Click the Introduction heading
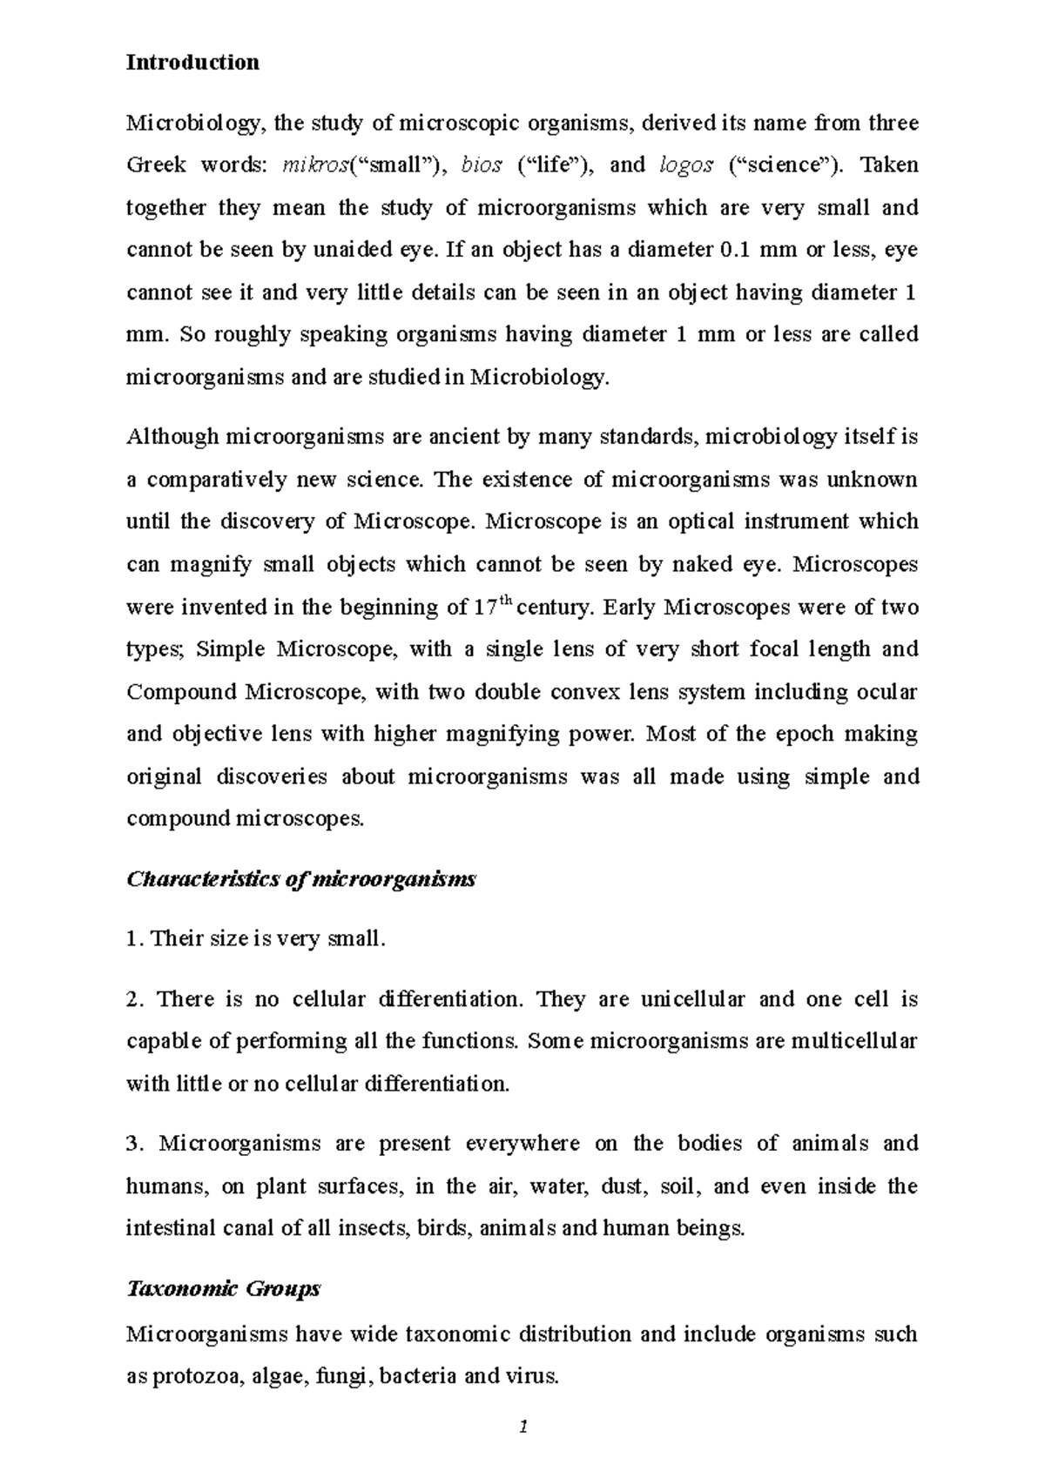[x=192, y=63]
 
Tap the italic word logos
[x=687, y=165]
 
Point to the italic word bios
[x=482, y=165]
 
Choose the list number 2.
[x=133, y=999]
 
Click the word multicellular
[x=854, y=1041]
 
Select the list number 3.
[x=133, y=1144]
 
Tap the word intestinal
[x=170, y=1228]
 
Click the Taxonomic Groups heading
[x=224, y=1288]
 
